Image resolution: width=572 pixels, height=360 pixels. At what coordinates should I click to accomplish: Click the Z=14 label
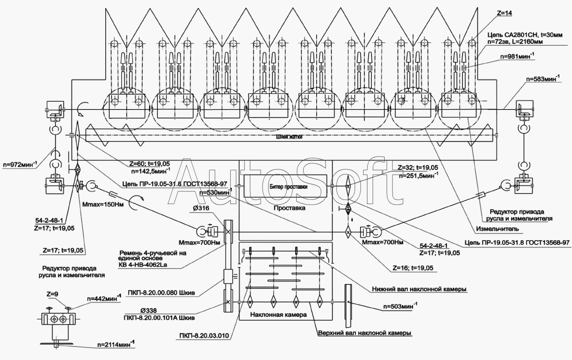pyautogui.click(x=504, y=13)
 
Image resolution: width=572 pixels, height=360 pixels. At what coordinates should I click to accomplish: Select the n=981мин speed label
pyautogui.click(x=517, y=56)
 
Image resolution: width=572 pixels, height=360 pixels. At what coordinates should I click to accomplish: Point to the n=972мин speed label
pyautogui.click(x=20, y=164)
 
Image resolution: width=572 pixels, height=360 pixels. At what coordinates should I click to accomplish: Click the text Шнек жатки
pyautogui.click(x=289, y=137)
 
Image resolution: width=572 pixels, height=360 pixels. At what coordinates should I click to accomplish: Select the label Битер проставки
pyautogui.click(x=289, y=187)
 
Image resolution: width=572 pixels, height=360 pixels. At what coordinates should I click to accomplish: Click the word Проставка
pyautogui.click(x=289, y=208)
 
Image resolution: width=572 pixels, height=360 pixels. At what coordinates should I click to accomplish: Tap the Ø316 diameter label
pyautogui.click(x=201, y=208)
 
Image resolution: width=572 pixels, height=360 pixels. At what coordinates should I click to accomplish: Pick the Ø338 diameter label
pyautogui.click(x=148, y=311)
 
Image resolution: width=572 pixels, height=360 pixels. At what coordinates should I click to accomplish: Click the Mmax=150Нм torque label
pyautogui.click(x=103, y=204)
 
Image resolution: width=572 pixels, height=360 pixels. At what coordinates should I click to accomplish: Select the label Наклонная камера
pyautogui.click(x=278, y=315)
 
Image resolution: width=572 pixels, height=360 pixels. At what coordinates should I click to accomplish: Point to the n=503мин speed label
pyautogui.click(x=400, y=306)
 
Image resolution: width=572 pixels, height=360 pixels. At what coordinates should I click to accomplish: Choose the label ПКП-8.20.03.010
pyautogui.click(x=204, y=336)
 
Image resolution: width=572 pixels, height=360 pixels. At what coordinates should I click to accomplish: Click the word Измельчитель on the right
pyautogui.click(x=497, y=229)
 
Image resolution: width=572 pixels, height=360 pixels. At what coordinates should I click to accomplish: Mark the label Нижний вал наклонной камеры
pyautogui.click(x=419, y=289)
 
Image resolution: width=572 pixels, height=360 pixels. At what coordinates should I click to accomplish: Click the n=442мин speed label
pyautogui.click(x=104, y=298)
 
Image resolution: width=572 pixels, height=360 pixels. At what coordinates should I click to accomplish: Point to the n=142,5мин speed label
pyautogui.click(x=151, y=170)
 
